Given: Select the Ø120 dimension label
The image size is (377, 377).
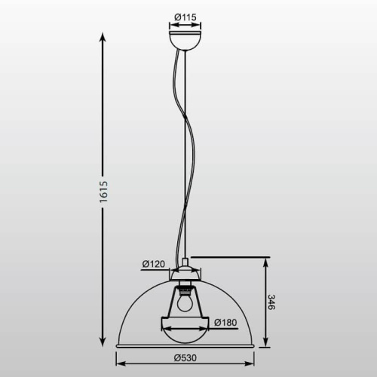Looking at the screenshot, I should click(154, 264).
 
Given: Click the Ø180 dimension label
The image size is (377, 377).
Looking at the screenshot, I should click(226, 323).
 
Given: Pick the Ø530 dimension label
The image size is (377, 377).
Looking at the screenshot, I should click(186, 357).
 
